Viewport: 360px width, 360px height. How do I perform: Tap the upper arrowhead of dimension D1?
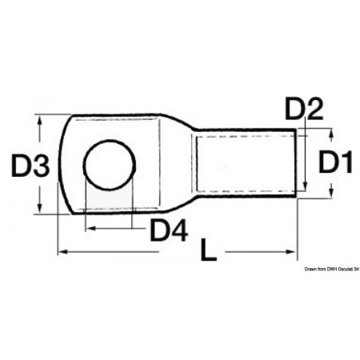point(330,130)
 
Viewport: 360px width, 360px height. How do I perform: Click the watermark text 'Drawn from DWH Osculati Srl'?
point(328,272)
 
